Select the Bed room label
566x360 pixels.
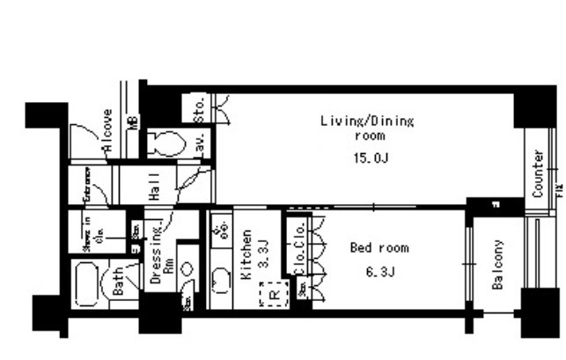(x=379, y=248)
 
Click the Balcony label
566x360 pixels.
(x=497, y=265)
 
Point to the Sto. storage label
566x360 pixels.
(x=199, y=108)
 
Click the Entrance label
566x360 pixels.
(x=88, y=185)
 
